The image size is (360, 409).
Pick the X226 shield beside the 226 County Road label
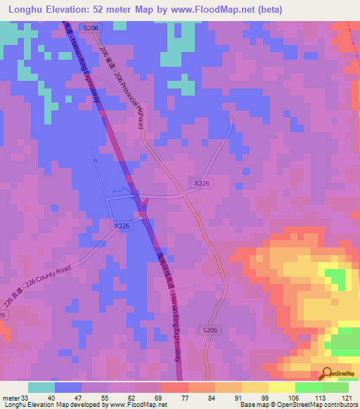121,226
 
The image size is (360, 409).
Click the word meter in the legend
12,397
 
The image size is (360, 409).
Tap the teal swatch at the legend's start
41,387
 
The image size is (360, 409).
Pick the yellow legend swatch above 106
281,387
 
